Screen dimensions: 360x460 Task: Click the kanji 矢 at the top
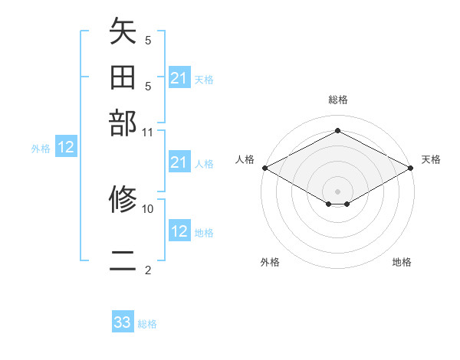coord(123,32)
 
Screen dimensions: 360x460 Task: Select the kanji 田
coord(123,77)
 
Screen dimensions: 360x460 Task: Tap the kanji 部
coord(123,122)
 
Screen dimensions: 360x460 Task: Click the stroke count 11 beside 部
coord(148,131)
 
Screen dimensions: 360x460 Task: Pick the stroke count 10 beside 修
coord(148,208)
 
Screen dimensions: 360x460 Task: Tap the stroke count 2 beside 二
coord(148,270)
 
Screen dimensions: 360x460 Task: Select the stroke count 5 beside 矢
coord(148,40)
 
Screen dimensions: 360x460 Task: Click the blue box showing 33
coord(123,322)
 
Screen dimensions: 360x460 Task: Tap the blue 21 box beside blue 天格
coord(179,78)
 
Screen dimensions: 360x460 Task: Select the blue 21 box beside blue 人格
coord(179,162)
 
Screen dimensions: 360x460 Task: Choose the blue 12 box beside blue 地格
coord(179,231)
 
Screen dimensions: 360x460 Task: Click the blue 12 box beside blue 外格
coord(66,148)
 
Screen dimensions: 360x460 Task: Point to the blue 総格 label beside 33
coord(147,324)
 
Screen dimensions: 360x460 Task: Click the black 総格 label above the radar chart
coord(337,100)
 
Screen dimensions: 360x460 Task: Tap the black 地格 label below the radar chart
coord(402,262)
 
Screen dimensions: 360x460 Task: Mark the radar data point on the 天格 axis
coord(411,168)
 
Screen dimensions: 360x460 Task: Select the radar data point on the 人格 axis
coord(264,168)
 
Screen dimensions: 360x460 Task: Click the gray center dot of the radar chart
coord(337,191)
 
